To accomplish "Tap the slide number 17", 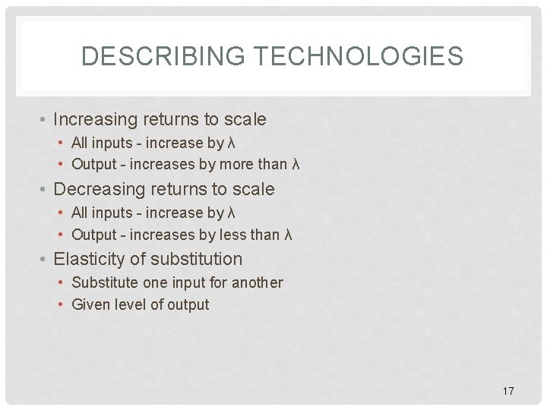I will coord(508,391).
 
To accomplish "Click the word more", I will coord(237,164).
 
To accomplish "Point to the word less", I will coord(235,235).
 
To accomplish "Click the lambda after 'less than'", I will coord(288,235).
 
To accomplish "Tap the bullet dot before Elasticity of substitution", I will coord(45,260).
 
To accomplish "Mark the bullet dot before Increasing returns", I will coord(45,120).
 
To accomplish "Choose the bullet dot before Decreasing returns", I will coord(45,190).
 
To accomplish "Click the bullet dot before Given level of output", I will coord(62,305).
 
